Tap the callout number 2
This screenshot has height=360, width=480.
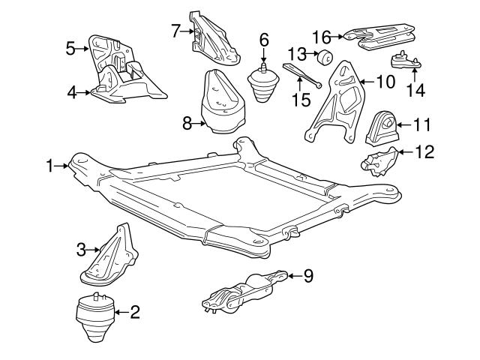(135, 311)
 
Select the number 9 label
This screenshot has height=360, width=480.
(308, 276)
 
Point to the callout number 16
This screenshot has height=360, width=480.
(321, 35)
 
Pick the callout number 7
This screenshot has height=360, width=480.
(175, 31)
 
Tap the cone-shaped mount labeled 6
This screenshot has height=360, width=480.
(262, 85)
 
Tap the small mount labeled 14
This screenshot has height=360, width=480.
(406, 61)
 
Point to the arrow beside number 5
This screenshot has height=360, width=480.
(83, 49)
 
